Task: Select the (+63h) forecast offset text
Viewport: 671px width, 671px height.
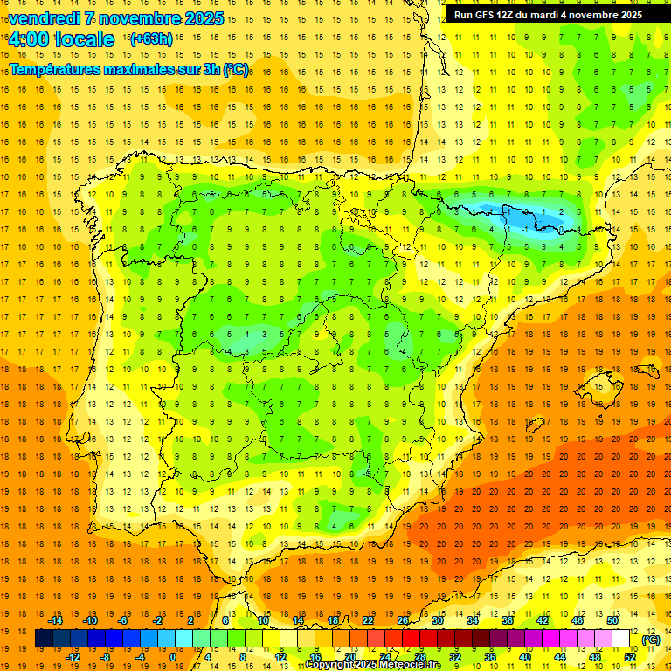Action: [x=150, y=38]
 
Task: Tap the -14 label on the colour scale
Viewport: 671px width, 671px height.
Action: [x=56, y=620]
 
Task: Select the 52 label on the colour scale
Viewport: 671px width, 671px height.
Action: [x=630, y=657]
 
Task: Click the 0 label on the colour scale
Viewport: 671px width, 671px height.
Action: [x=173, y=657]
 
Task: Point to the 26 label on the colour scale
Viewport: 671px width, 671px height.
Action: [x=403, y=620]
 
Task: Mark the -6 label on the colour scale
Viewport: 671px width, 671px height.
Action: [x=123, y=620]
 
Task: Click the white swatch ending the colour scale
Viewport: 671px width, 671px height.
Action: [x=621, y=639]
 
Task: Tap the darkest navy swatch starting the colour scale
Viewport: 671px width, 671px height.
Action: [x=44, y=639]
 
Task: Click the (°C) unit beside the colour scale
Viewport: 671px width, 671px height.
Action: [x=651, y=640]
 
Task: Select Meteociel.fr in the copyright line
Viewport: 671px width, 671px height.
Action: [x=406, y=665]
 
